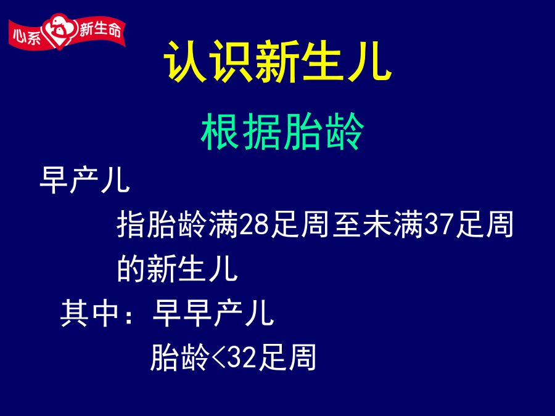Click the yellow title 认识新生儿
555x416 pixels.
click(278, 62)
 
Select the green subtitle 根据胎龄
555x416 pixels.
click(282, 131)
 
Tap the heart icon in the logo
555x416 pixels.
click(59, 31)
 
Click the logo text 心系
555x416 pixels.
click(27, 36)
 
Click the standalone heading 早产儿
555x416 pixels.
click(84, 180)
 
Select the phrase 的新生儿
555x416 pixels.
click(178, 269)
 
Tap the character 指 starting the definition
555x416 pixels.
click(131, 224)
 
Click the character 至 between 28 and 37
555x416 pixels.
click(347, 224)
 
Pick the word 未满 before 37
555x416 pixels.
click(393, 224)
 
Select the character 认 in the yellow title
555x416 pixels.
click(186, 62)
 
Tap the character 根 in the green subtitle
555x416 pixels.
click(220, 131)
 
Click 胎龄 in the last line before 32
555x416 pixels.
click(179, 357)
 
